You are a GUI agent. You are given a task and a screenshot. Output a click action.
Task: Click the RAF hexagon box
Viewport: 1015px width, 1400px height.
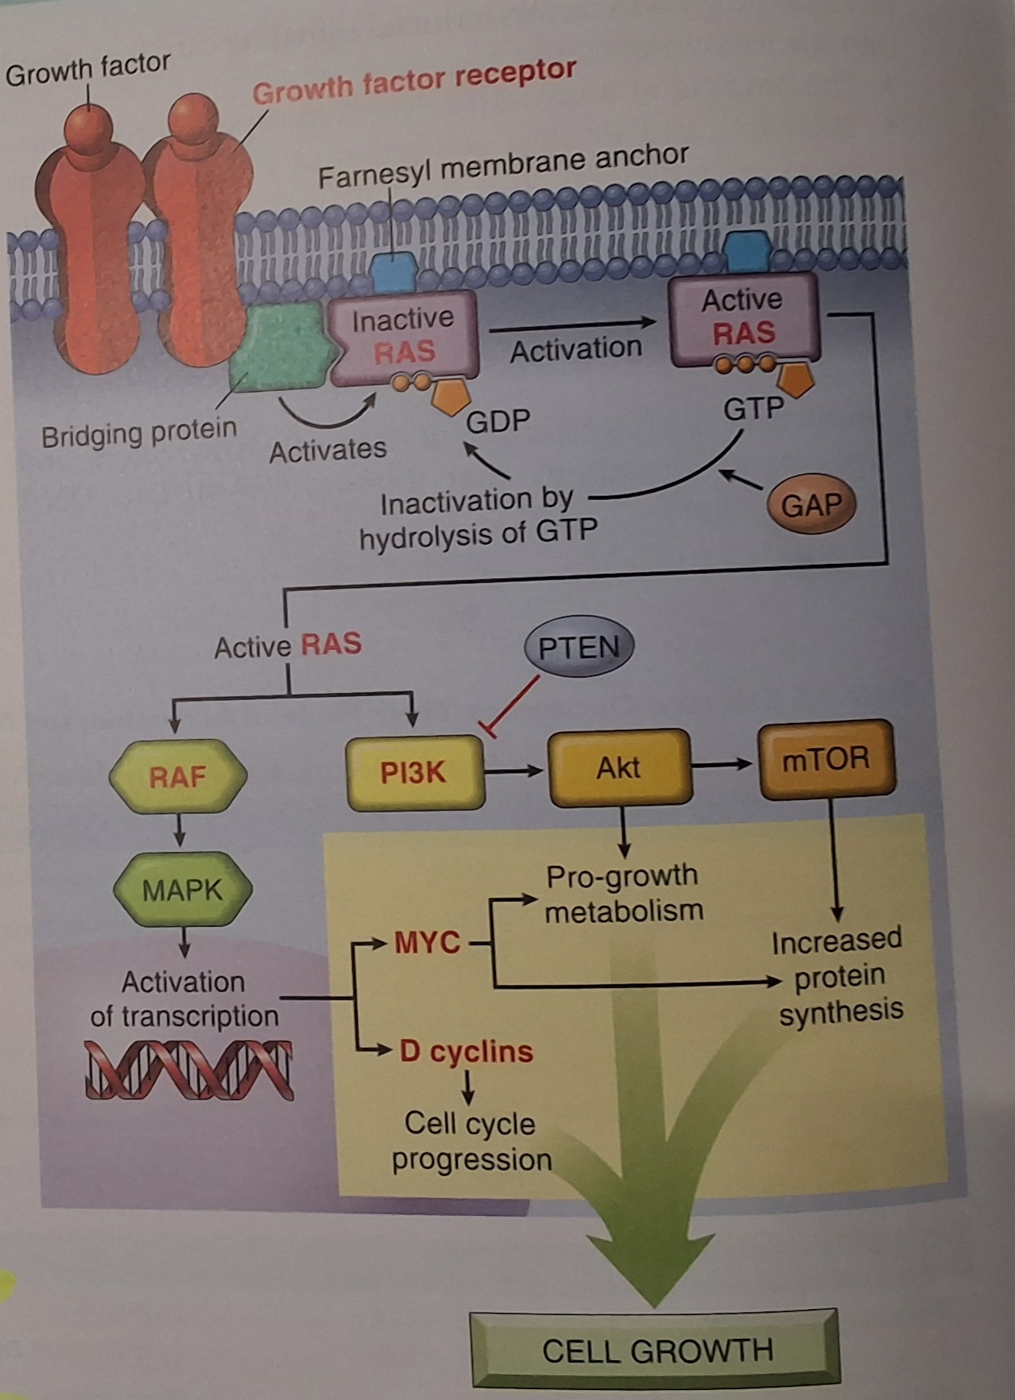(x=178, y=776)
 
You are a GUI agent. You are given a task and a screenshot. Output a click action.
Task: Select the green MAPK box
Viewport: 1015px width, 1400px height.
(x=182, y=890)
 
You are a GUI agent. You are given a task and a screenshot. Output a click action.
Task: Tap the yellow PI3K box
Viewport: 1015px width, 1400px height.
(x=415, y=773)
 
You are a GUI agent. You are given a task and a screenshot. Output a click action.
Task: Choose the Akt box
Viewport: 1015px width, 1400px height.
(x=620, y=767)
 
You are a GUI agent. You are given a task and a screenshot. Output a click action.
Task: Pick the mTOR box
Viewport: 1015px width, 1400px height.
(x=826, y=759)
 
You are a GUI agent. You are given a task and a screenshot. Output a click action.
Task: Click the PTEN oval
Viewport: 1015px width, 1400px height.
(x=579, y=648)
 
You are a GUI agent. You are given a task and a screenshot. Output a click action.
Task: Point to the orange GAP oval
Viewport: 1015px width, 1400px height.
(x=811, y=504)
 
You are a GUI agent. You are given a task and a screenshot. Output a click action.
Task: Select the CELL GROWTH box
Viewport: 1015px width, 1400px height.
(x=655, y=1350)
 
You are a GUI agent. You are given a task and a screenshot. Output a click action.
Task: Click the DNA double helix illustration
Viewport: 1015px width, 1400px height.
(x=189, y=1069)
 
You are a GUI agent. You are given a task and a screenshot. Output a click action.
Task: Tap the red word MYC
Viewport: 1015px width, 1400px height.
(x=427, y=942)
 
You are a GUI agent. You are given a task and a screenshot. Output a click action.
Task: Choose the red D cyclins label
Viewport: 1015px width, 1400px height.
(x=466, y=1052)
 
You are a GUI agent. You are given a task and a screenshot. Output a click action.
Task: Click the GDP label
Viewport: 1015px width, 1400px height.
(x=498, y=421)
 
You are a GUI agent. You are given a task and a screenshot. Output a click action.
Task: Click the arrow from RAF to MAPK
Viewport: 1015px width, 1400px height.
(x=179, y=830)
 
